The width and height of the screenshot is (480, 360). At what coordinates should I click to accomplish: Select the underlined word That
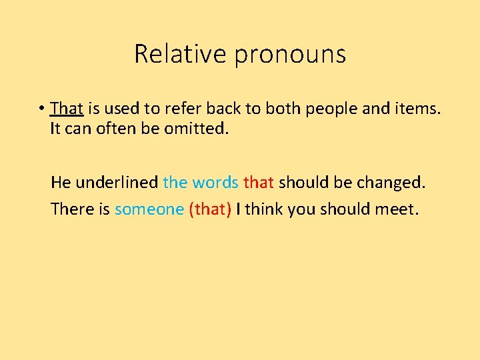pyautogui.click(x=66, y=108)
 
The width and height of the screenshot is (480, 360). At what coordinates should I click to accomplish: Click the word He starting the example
pyautogui.click(x=61, y=182)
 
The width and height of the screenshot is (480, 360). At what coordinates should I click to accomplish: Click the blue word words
pyautogui.click(x=215, y=182)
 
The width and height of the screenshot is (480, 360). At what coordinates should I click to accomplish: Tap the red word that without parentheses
pyautogui.click(x=259, y=182)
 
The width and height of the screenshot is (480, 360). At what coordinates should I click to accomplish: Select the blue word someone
pyautogui.click(x=149, y=209)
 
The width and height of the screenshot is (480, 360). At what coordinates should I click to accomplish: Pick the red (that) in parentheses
pyautogui.click(x=211, y=209)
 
